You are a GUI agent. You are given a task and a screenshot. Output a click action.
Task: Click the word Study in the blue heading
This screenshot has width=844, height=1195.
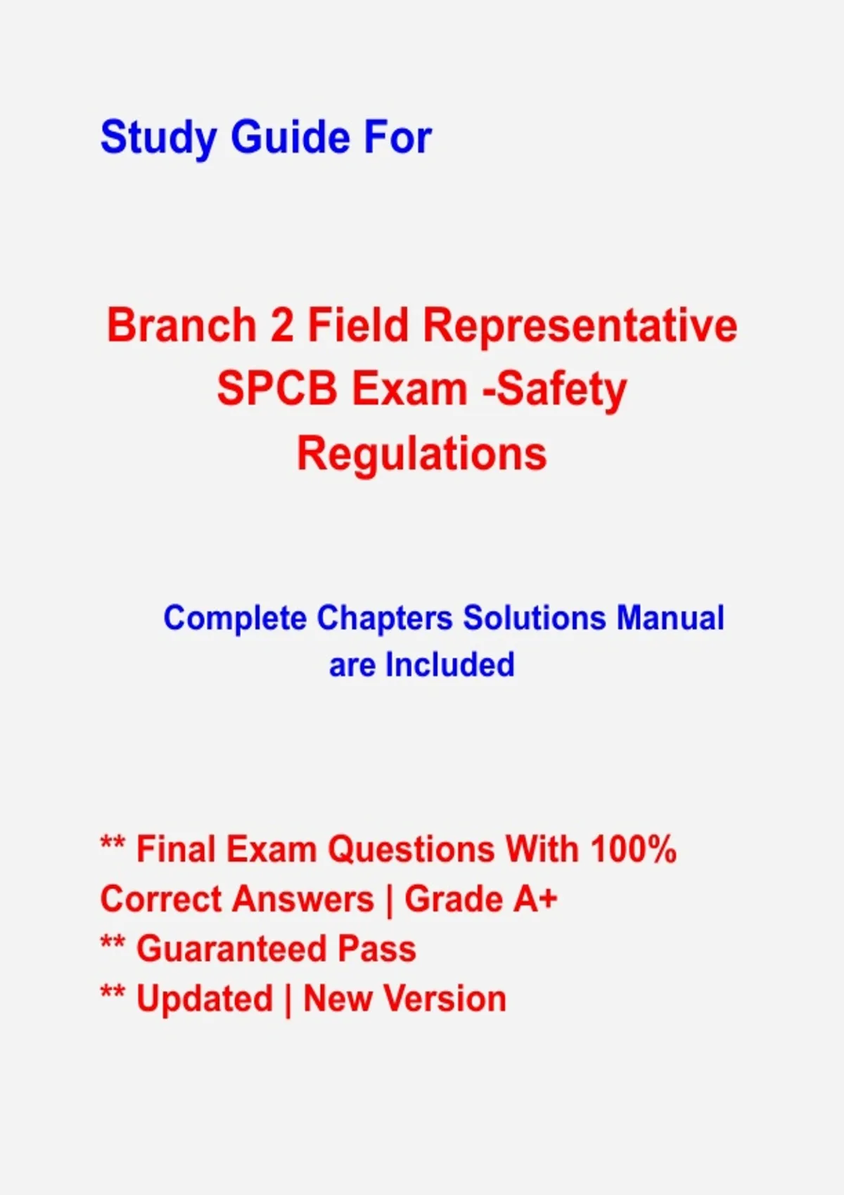point(158,138)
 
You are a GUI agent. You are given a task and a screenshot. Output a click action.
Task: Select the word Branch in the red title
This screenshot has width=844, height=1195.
point(182,325)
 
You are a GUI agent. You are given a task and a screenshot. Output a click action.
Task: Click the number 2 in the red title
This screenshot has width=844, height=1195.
point(282,325)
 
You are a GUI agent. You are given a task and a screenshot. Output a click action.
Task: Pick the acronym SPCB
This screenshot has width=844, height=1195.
point(277,389)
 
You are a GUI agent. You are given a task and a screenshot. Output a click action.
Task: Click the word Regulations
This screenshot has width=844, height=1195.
point(422,455)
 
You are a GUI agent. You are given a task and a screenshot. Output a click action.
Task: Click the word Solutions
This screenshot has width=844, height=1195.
point(535,618)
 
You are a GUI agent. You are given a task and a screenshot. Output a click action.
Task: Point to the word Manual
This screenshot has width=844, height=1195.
point(670,618)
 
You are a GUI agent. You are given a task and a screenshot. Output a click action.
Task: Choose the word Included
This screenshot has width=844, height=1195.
point(450,665)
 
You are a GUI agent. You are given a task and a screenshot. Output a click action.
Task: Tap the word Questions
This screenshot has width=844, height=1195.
point(411,850)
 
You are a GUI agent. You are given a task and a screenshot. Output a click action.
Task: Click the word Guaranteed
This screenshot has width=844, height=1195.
point(231,949)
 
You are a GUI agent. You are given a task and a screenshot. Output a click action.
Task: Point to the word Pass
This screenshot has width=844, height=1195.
point(377,949)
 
